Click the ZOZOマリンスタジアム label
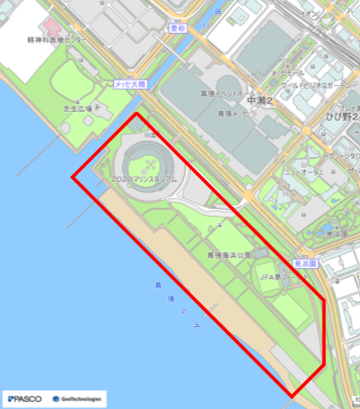[144, 178]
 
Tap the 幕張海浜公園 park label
[229, 254]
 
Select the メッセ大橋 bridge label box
[130, 85]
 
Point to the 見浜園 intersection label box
[305, 262]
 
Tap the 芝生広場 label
[77, 109]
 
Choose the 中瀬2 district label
[261, 101]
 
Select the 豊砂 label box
[178, 29]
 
